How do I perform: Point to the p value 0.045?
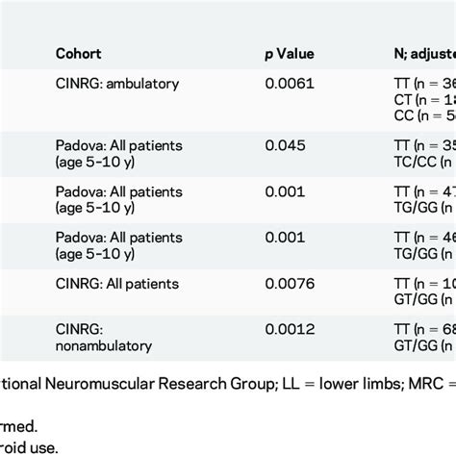(285, 145)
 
